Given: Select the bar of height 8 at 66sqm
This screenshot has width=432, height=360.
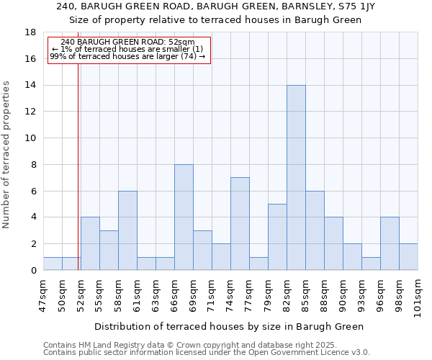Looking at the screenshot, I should (184, 217).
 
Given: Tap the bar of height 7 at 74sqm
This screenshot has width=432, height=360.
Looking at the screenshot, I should (240, 224).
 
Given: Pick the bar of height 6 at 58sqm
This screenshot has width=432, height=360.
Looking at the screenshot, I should (127, 230).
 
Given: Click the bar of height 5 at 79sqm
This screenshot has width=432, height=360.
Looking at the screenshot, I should (277, 237).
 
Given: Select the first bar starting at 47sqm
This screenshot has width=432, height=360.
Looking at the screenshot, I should (53, 264).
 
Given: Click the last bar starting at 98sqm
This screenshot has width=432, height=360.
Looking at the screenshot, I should (408, 257).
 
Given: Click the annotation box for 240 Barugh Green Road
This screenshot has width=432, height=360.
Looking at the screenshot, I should (129, 50).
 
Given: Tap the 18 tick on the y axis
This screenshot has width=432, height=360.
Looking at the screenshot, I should (31, 32).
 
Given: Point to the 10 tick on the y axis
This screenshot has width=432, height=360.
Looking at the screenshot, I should (31, 138).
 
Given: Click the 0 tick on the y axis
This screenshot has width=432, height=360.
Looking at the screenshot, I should (34, 270).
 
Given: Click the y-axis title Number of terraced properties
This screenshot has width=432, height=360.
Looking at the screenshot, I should (7, 154).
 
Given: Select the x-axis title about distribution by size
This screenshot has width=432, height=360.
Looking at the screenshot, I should (229, 326).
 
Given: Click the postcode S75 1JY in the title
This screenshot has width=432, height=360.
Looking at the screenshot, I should (355, 6).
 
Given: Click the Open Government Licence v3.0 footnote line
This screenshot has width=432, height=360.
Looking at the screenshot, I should (207, 353).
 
